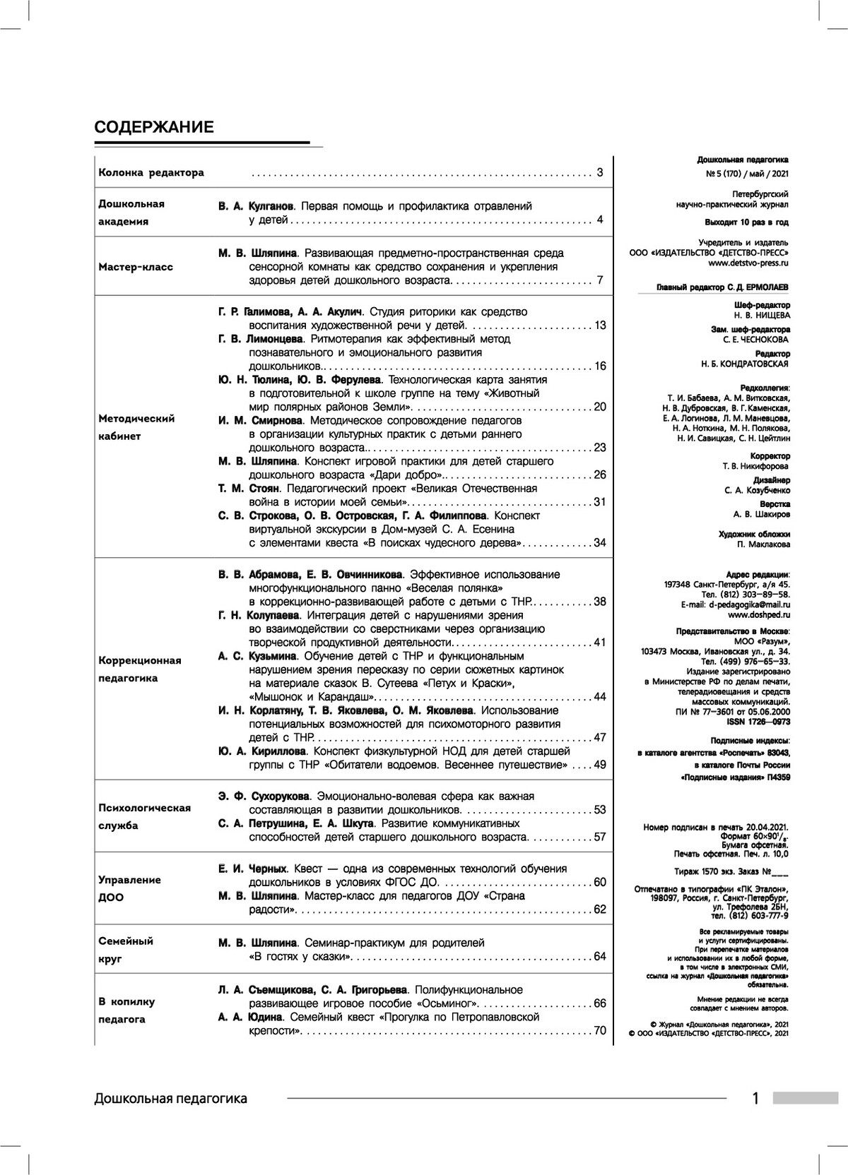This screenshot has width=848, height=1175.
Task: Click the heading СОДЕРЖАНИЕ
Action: (x=154, y=127)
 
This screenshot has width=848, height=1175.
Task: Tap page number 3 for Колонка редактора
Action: (x=599, y=172)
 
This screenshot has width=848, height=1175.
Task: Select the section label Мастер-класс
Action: (x=136, y=267)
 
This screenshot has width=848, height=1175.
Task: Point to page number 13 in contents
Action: (x=600, y=326)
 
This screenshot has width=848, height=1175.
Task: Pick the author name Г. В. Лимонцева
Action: (x=256, y=339)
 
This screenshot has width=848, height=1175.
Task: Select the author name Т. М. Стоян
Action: (x=249, y=488)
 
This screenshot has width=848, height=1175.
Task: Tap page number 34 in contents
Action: (x=600, y=543)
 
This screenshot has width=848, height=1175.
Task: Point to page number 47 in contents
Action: (x=600, y=737)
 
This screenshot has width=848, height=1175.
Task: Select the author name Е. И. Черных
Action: (x=252, y=869)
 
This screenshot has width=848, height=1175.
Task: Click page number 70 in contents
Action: (x=600, y=1030)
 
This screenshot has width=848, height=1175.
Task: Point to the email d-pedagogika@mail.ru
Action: (x=750, y=604)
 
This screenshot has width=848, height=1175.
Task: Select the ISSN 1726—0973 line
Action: (x=758, y=723)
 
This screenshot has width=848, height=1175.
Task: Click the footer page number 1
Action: (x=755, y=1098)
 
